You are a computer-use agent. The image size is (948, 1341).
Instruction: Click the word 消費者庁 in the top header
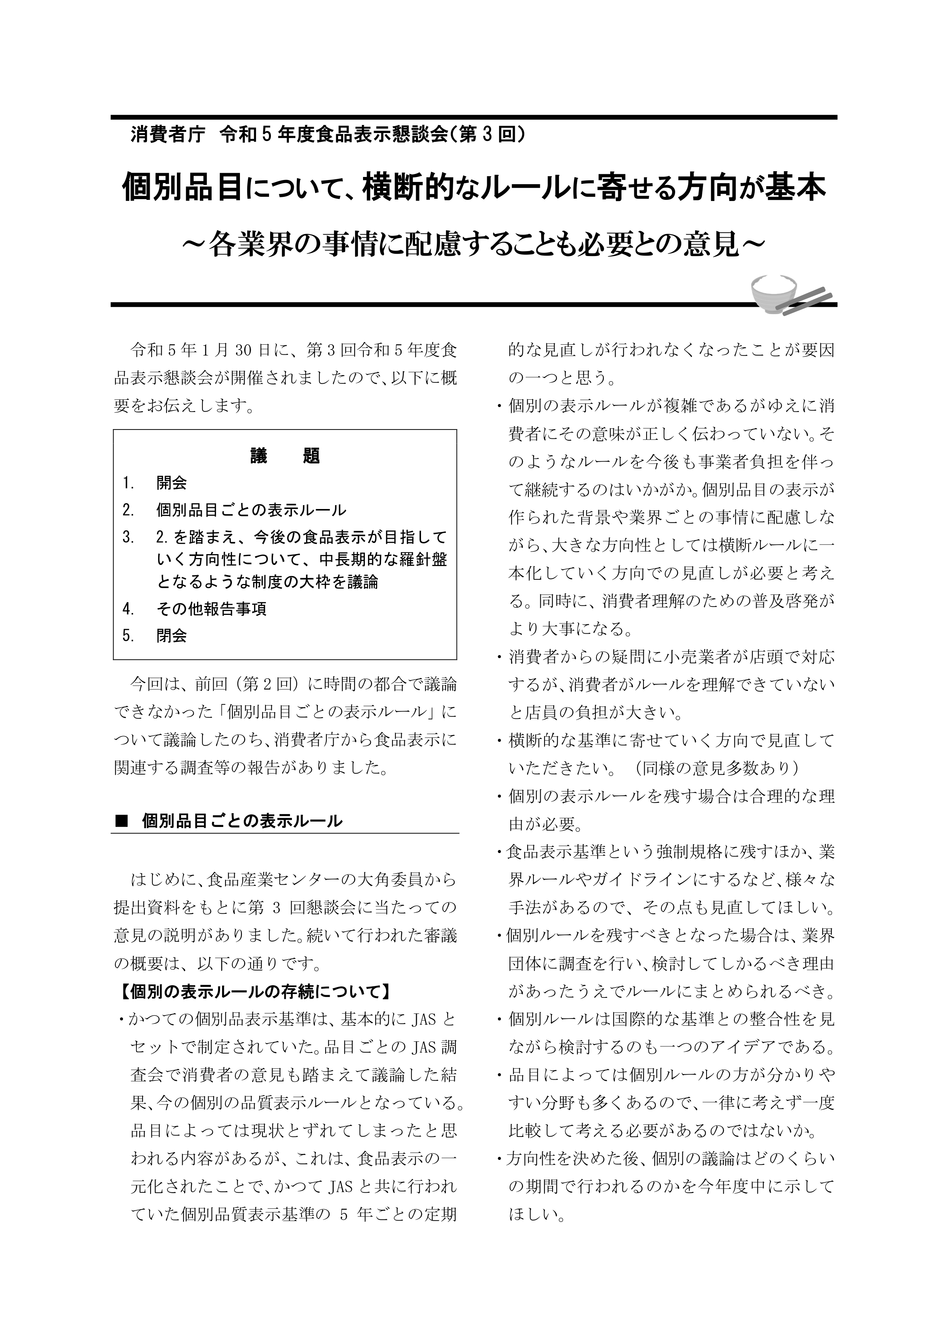click(x=168, y=135)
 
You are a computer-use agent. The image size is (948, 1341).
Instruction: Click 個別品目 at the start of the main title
click(x=182, y=188)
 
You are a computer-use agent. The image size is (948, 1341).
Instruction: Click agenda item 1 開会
click(x=171, y=483)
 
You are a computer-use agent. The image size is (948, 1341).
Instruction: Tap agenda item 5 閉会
click(x=171, y=636)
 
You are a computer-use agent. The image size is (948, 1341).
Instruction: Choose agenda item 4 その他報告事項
click(x=211, y=610)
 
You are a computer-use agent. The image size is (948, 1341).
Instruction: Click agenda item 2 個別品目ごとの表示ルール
click(x=251, y=511)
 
